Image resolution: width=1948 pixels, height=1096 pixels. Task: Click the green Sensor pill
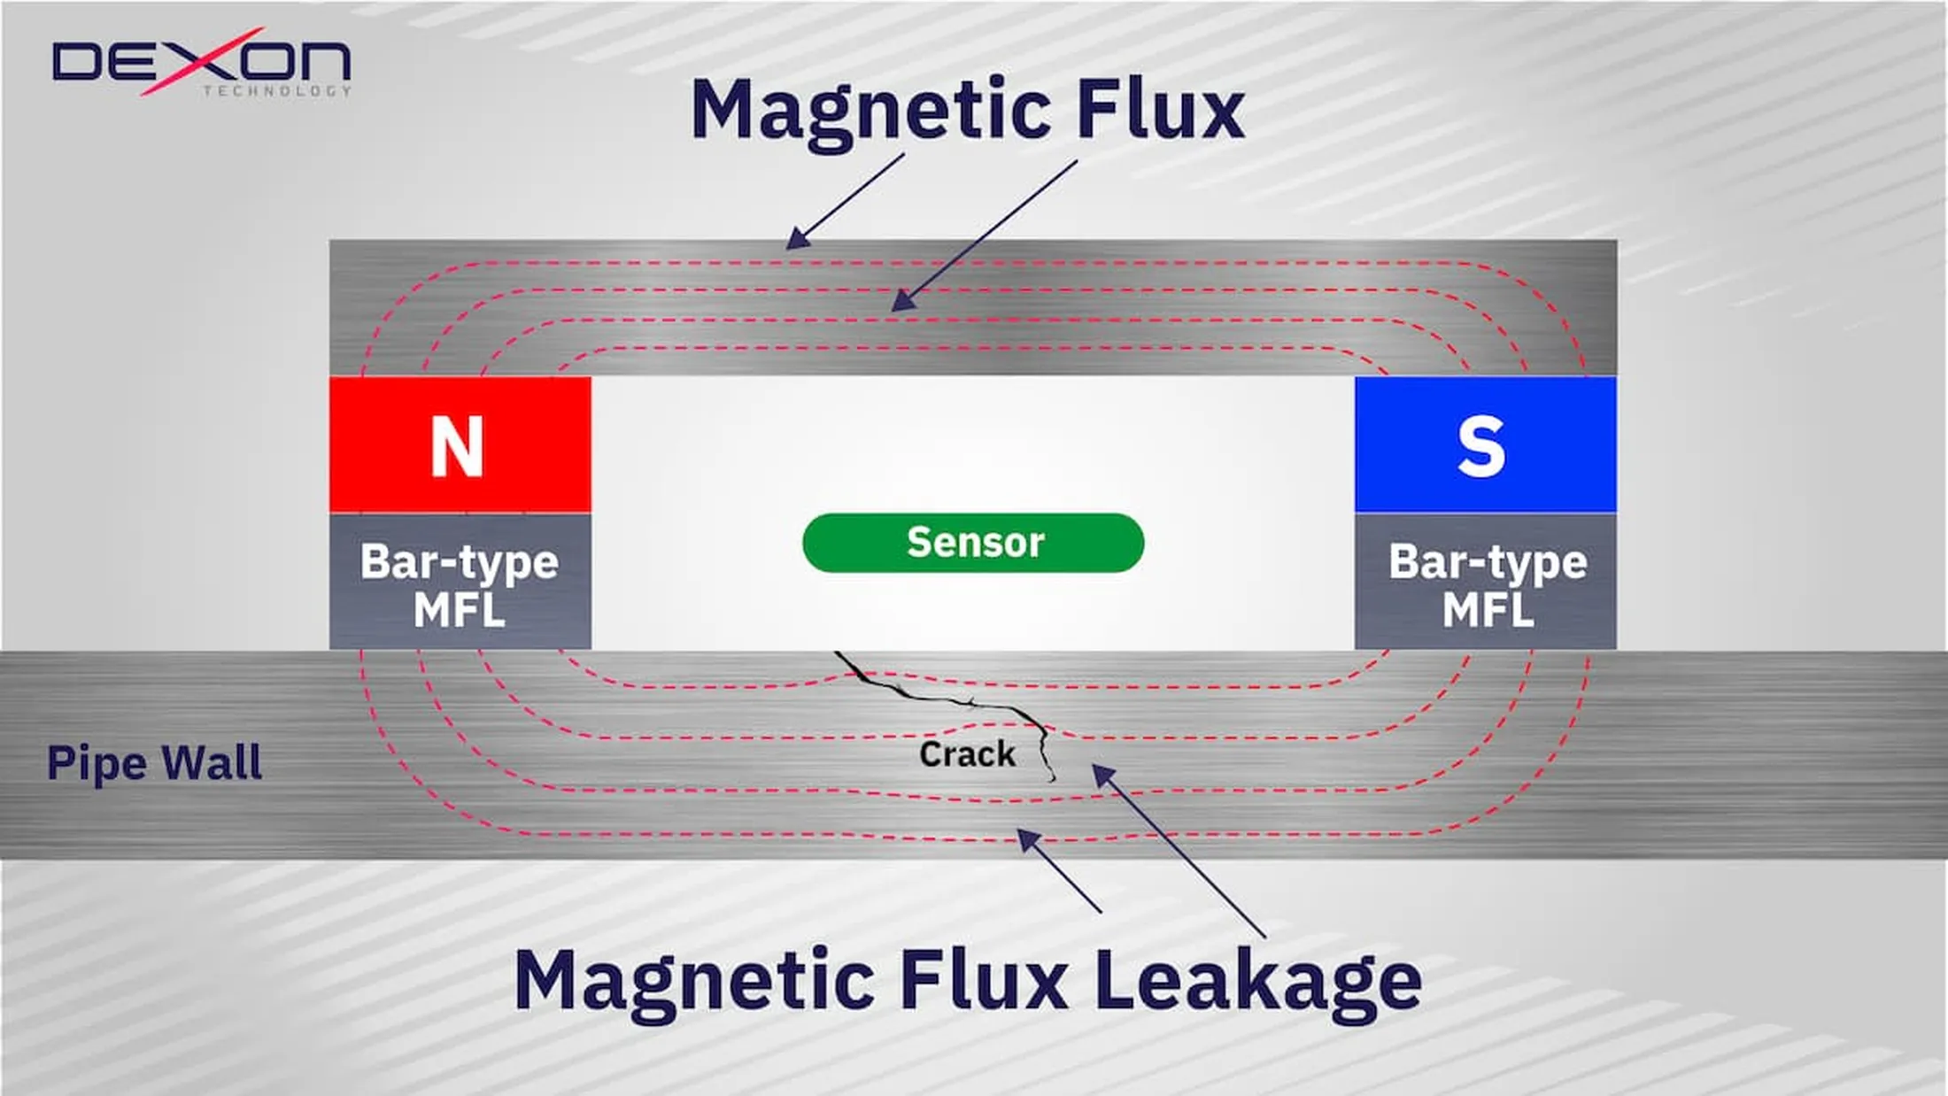point(972,543)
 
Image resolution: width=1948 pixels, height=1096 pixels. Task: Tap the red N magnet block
point(460,444)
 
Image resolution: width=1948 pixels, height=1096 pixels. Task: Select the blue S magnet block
point(1485,444)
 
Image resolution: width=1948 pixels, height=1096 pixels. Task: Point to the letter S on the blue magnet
point(1480,447)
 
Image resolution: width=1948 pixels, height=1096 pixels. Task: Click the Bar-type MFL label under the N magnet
point(460,584)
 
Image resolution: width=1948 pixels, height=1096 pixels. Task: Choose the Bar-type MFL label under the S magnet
point(1488,584)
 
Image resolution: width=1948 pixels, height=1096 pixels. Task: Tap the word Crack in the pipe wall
point(967,754)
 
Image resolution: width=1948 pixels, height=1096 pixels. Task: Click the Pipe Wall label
point(154,763)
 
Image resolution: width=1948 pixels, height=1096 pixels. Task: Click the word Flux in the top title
point(1160,110)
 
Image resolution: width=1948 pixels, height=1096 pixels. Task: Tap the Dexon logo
point(202,62)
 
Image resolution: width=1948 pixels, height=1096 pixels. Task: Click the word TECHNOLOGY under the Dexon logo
point(276,90)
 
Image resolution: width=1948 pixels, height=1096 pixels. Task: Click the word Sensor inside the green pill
point(975,542)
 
